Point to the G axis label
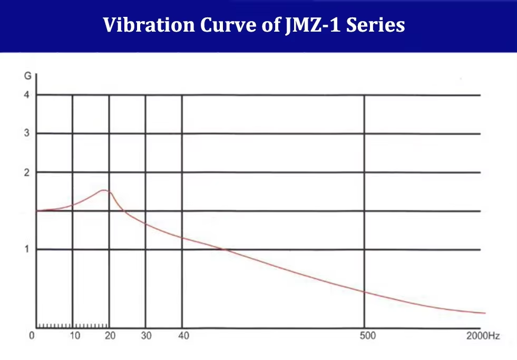27,76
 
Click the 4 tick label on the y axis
27,95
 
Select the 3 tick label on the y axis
27,133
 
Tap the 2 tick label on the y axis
27,172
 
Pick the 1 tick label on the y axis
27,249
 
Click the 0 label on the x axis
32,336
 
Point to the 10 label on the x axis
75,336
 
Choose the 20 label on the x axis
110,336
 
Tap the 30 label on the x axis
146,336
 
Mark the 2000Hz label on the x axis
483,336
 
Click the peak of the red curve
103,190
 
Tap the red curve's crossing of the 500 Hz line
364,291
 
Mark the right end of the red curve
484,313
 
